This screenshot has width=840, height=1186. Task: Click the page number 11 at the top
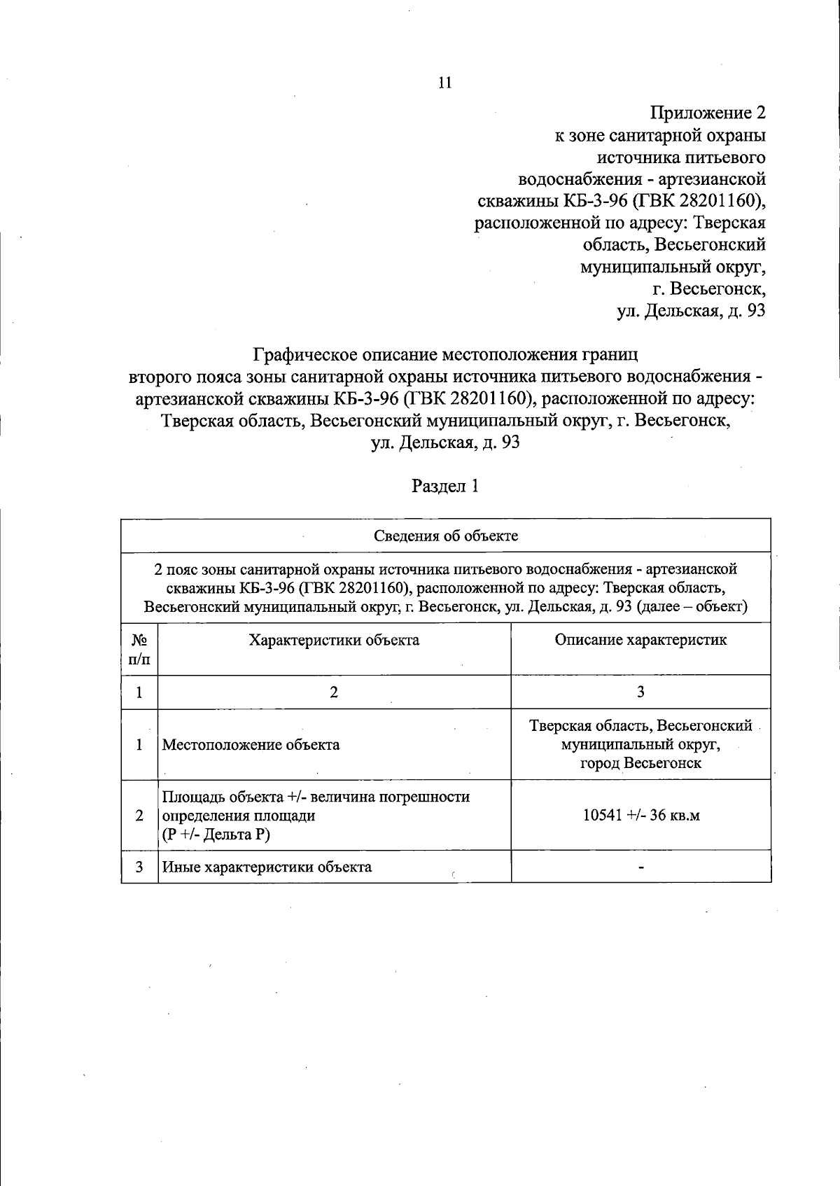pos(445,83)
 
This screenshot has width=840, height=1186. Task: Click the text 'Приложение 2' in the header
pos(708,113)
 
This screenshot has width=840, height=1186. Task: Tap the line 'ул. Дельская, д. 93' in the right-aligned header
pos(690,310)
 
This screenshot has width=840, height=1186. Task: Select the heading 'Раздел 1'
pos(445,486)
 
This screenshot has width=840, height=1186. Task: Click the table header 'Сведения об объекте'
pos(446,536)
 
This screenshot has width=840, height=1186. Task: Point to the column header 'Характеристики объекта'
pos(335,640)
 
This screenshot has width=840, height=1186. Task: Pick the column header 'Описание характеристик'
pos(640,640)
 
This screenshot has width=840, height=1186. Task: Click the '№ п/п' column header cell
pos(139,649)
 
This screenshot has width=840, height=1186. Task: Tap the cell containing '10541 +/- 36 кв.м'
pos(640,816)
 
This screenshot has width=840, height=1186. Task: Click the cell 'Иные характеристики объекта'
pos(267,867)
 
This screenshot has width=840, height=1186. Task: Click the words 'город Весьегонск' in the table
pos(640,763)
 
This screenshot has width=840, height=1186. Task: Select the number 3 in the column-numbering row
pos(640,692)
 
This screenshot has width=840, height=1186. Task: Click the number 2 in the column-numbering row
pos(334,692)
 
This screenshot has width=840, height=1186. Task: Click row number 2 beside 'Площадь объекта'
pos(139,816)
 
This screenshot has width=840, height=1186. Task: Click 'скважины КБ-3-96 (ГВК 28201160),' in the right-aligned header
pos(620,201)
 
